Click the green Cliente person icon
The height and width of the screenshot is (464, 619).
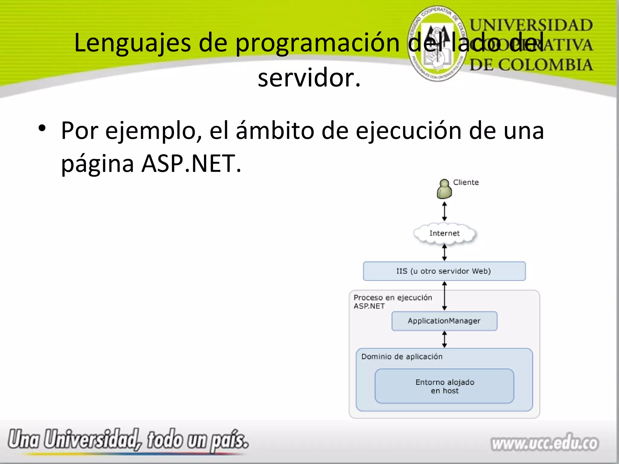444,189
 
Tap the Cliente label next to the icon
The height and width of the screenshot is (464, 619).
466,182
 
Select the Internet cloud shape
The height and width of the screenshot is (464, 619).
444,233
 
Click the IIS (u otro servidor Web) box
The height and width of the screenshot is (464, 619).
444,271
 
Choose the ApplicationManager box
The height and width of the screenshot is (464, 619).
444,321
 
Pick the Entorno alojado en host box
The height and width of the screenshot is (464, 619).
444,386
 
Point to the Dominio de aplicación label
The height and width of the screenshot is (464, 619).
402,357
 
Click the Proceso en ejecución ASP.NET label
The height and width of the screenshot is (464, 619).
392,302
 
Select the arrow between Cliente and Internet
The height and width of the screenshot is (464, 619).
444,211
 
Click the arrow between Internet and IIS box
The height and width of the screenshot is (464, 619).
444,253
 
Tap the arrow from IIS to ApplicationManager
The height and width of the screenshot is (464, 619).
444,296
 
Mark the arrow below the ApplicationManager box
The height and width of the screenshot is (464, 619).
444,339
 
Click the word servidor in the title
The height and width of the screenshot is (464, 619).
309,78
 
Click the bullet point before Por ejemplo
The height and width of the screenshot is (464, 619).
42,129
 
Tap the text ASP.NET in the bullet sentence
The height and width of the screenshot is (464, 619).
191,163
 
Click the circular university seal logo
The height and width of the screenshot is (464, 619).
437,43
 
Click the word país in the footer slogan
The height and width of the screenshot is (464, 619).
229,440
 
